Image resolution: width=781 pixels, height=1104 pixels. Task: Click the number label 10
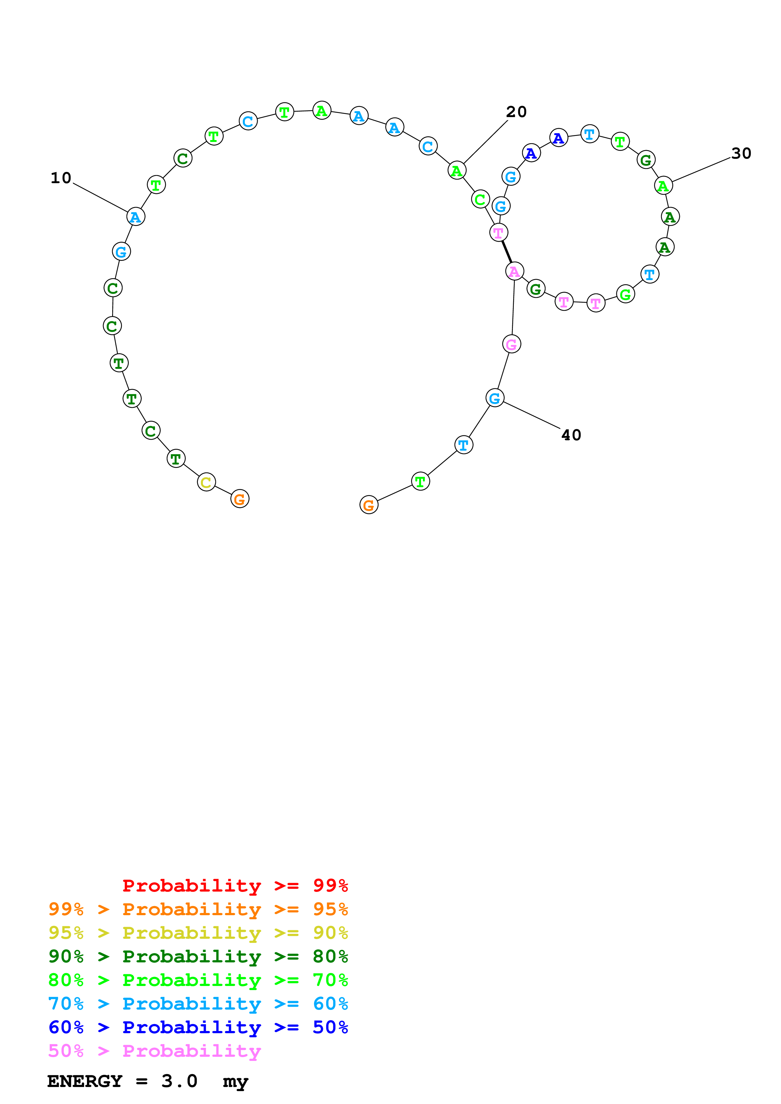point(61,178)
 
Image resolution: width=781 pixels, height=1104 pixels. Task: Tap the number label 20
point(516,112)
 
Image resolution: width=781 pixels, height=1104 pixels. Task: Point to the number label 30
point(741,153)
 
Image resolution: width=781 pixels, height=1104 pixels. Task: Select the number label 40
point(571,435)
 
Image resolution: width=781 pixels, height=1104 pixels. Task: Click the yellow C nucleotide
point(206,482)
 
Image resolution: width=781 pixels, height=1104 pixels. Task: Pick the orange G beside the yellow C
point(240,499)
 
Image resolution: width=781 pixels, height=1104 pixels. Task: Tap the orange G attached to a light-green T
point(369,505)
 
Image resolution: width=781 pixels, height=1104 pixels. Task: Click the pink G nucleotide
point(512,344)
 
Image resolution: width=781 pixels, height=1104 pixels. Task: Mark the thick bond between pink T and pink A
point(506,252)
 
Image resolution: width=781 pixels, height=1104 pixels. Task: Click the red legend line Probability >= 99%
point(235,885)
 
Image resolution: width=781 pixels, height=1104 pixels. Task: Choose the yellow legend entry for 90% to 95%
point(198,932)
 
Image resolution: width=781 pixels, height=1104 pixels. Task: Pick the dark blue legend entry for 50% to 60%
point(198,1027)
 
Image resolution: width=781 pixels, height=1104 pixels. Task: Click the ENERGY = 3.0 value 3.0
point(179,1081)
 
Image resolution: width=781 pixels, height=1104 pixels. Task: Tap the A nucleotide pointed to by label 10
point(136,217)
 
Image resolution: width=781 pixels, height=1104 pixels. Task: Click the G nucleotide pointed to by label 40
point(495,398)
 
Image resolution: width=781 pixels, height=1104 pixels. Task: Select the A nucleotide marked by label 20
point(457,170)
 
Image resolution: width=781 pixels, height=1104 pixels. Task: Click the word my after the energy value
point(235,1082)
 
